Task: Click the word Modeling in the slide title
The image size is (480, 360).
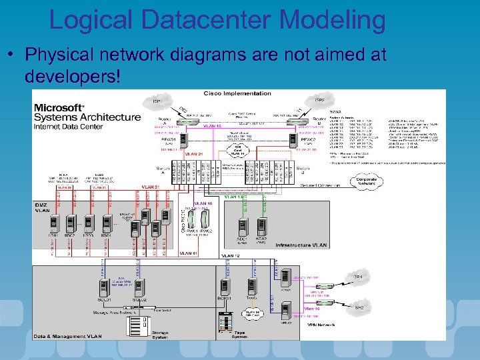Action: point(333,20)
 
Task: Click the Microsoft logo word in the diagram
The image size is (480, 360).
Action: point(59,107)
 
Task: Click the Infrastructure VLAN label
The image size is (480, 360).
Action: point(302,245)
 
